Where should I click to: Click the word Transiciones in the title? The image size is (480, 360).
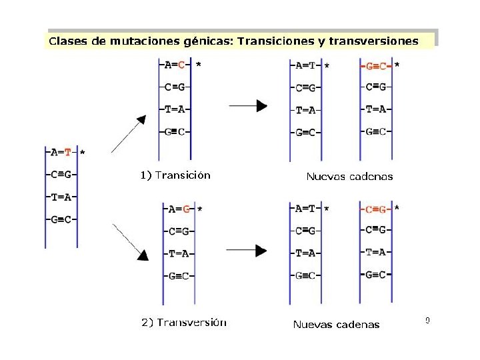[x=275, y=41]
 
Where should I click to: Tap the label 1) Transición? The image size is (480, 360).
[x=175, y=175]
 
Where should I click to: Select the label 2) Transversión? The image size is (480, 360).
[x=184, y=323]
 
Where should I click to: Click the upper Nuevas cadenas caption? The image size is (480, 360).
[x=349, y=177]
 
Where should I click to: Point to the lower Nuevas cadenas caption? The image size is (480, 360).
[x=337, y=325]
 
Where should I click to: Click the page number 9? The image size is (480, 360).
[x=427, y=321]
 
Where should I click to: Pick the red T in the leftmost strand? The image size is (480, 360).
[x=68, y=152]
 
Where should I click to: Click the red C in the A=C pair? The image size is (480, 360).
[x=181, y=65]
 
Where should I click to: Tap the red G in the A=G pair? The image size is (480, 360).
[x=187, y=209]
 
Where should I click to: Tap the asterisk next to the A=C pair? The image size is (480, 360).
[x=199, y=65]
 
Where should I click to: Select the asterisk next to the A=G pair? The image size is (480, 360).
[x=200, y=209]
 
